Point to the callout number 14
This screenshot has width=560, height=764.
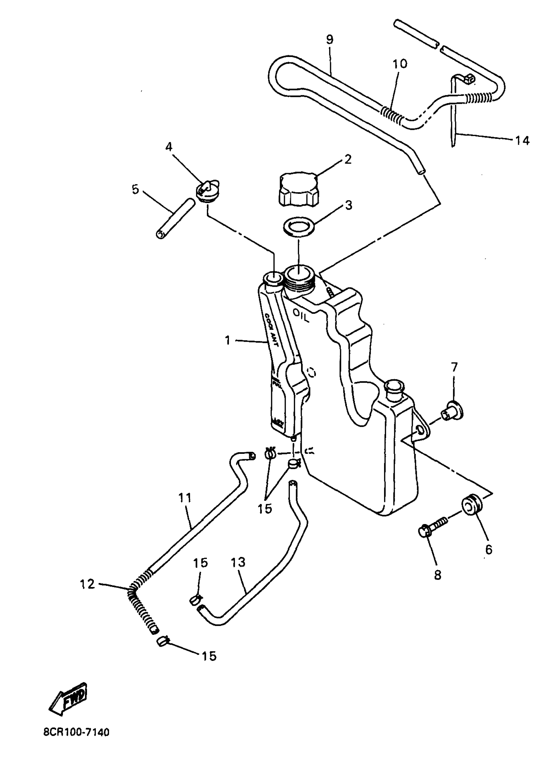tap(522, 140)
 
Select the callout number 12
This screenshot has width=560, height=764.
tap(87, 584)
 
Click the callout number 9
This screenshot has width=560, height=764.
tap(329, 40)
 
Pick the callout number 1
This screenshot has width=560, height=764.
tap(227, 340)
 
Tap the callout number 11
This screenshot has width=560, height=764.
tap(185, 498)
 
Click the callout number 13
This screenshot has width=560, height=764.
tap(238, 563)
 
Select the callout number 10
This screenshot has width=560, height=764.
tap(400, 64)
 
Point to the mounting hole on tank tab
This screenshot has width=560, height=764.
tap(420, 430)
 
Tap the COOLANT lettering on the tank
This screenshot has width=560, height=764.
tap(271, 329)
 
